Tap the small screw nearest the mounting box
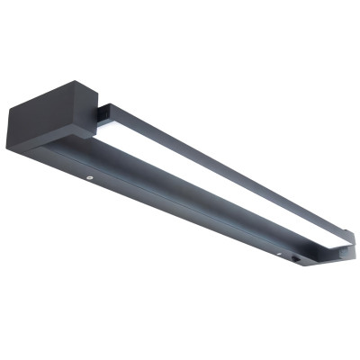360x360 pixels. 92,179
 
